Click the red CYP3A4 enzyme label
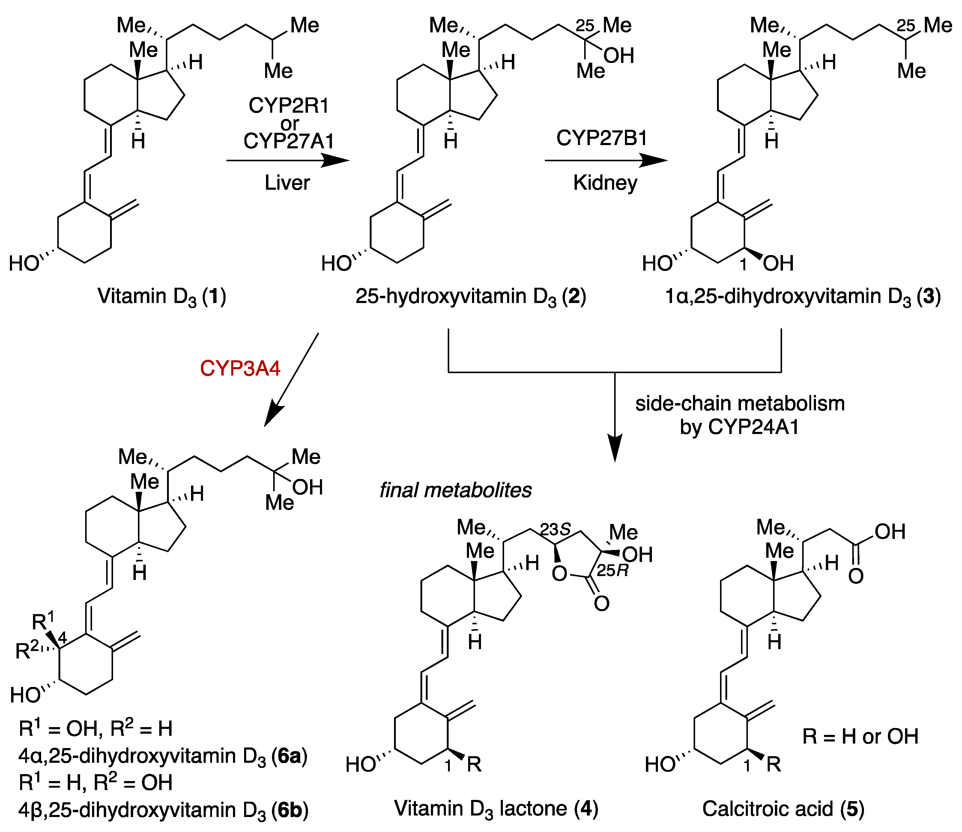click(240, 368)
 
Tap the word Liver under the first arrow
click(287, 183)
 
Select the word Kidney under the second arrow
click(605, 183)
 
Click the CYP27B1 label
click(602, 138)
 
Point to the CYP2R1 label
click(288, 105)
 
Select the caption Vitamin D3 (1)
click(162, 296)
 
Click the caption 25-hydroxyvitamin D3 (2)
click(471, 296)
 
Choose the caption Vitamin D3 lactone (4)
click(496, 808)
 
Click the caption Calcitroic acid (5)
click(783, 808)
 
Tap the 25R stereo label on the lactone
click(612, 570)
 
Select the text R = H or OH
click(860, 736)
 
